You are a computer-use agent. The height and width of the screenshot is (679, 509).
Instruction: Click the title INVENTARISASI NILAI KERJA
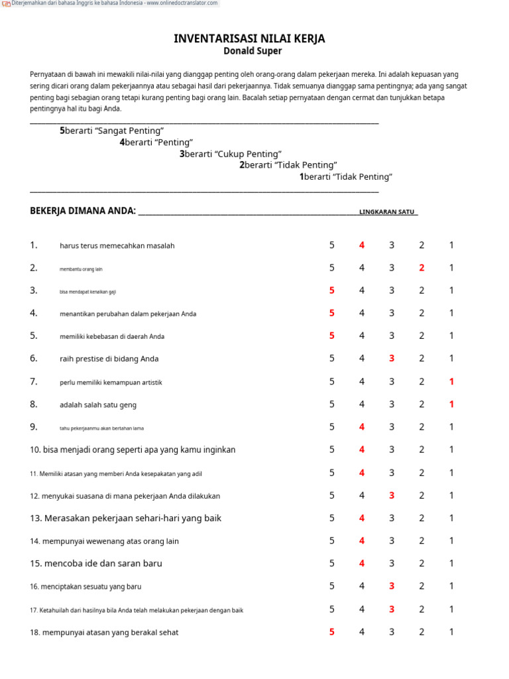tap(249, 39)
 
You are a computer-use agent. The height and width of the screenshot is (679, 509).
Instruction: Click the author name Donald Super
tap(253, 51)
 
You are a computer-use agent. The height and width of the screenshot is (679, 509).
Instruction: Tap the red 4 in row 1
tap(362, 245)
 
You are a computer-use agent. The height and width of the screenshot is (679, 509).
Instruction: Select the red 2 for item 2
tap(422, 268)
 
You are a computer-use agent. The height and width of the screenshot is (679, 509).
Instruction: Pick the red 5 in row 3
tap(331, 290)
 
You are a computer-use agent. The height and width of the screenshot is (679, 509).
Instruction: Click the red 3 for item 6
tap(392, 359)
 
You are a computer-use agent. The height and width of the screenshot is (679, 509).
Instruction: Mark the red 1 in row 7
tap(451, 381)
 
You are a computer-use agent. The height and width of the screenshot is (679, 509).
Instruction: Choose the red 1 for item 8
tap(451, 404)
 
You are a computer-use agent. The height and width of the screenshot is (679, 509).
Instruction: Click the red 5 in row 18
tap(331, 632)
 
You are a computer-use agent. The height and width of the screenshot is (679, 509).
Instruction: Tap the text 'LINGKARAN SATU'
tap(387, 212)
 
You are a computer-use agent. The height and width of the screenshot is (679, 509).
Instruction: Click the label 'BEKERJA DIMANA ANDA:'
tap(83, 211)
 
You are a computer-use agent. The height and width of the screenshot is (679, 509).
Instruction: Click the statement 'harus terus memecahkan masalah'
tap(117, 246)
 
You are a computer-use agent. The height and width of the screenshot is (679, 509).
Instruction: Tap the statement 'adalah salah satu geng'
tap(98, 404)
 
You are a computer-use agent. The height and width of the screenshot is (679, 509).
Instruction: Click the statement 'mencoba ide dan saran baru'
tap(103, 564)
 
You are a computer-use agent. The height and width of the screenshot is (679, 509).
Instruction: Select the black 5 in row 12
tap(331, 495)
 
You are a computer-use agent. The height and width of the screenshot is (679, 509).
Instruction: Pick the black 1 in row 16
tap(451, 586)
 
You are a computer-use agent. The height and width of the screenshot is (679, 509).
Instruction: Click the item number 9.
tap(34, 427)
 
